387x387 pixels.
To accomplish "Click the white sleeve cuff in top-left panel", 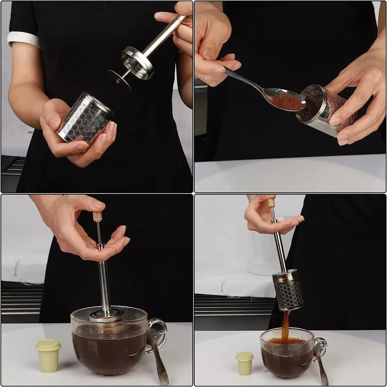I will [23, 39].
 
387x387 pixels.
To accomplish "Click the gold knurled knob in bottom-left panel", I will [97, 216].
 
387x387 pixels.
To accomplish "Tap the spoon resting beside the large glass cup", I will [158, 355].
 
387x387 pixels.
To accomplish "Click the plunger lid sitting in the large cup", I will [107, 315].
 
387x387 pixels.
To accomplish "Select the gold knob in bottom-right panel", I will [271, 203].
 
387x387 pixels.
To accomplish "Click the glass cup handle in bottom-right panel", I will [320, 347].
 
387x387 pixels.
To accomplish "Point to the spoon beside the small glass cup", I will [321, 365].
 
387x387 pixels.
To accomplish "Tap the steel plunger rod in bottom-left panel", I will [104, 282].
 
